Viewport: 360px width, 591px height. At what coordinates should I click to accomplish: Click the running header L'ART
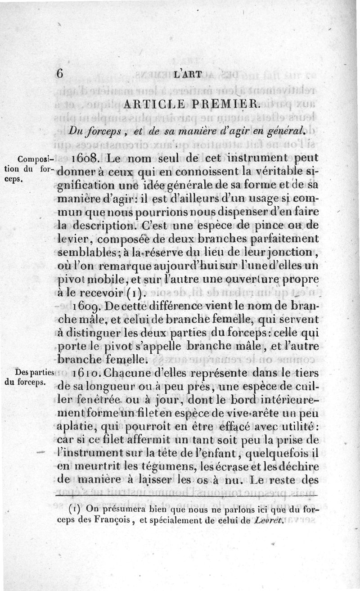point(187,74)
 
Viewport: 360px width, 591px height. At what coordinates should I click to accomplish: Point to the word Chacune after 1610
point(132,373)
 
